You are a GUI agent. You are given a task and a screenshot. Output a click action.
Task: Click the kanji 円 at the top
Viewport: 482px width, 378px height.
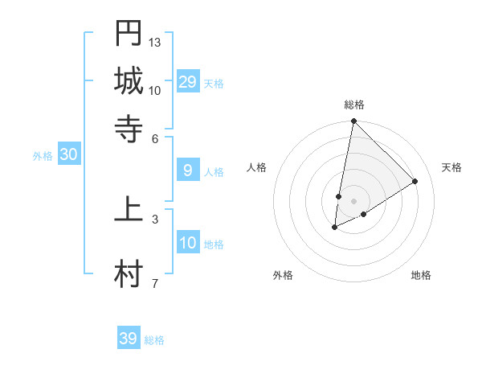point(129,33)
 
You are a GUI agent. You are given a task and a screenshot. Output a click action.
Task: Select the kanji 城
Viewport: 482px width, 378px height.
point(129,81)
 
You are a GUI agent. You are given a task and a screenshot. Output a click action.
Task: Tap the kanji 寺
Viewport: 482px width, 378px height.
point(129,129)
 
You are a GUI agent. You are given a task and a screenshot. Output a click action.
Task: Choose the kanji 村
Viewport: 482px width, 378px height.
point(129,274)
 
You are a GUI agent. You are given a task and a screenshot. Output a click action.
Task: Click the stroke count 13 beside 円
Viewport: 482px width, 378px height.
point(155,42)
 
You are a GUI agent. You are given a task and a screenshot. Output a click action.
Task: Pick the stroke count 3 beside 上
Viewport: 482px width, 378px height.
point(154,218)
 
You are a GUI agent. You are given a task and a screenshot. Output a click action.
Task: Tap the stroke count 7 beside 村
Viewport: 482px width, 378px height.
point(154,282)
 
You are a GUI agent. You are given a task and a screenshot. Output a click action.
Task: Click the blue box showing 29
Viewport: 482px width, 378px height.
point(188,82)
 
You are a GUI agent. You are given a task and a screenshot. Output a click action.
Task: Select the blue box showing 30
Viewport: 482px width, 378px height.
point(68,156)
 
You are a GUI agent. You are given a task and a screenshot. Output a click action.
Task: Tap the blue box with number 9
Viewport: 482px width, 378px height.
point(188,171)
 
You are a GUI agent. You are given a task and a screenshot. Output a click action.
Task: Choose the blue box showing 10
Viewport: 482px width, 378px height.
point(188,244)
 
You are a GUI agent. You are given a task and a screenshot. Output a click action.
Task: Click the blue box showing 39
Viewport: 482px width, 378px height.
point(129,339)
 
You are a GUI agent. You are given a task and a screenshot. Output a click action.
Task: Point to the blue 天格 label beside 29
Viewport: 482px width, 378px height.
point(214,84)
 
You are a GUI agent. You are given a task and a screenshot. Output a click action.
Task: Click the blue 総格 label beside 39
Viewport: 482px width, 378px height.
point(154,340)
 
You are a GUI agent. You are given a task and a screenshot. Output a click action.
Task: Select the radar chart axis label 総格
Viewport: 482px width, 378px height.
point(354,105)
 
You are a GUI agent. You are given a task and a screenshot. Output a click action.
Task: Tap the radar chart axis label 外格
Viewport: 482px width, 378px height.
point(283,275)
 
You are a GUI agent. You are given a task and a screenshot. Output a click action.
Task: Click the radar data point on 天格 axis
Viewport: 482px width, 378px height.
point(415,182)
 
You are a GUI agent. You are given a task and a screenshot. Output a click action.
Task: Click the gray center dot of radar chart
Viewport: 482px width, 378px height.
point(354,201)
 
